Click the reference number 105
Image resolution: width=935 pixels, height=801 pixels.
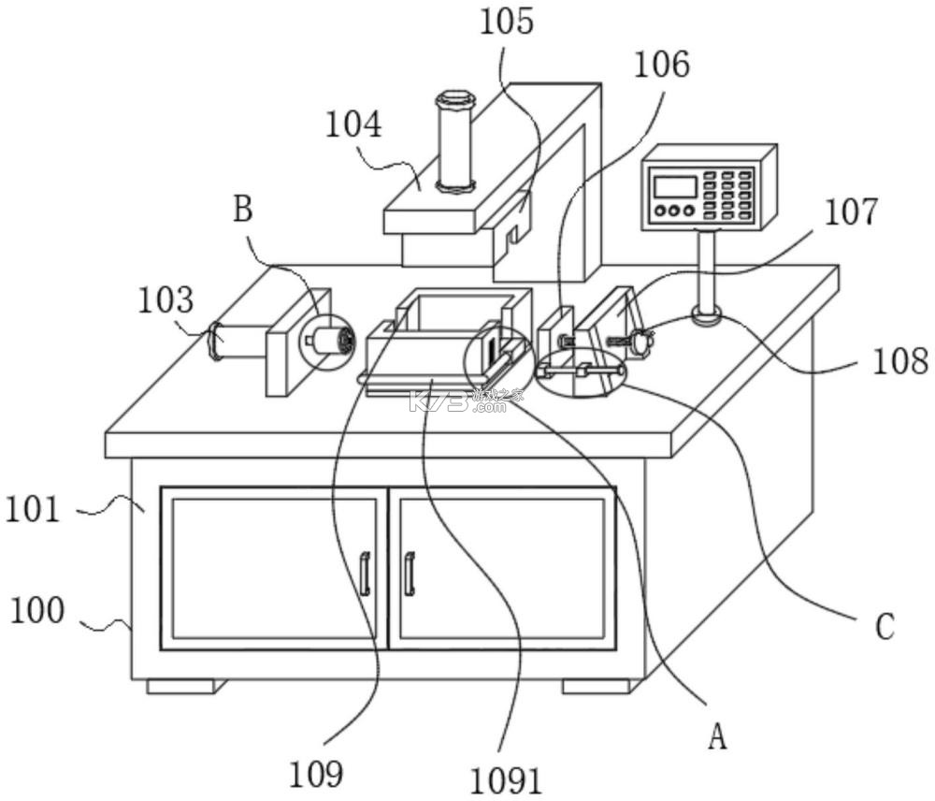click(x=507, y=23)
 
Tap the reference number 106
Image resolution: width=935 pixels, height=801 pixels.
click(x=661, y=65)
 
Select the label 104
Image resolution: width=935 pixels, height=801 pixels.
click(x=353, y=125)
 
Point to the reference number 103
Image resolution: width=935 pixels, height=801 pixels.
click(x=165, y=299)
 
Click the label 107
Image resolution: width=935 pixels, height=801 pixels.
click(x=851, y=211)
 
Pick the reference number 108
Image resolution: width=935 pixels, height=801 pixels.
click(x=900, y=361)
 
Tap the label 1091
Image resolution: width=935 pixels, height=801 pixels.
click(x=506, y=780)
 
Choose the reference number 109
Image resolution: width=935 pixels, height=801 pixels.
click(x=316, y=774)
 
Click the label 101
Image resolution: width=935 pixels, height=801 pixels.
click(x=33, y=510)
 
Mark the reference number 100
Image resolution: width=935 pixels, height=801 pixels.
click(x=37, y=611)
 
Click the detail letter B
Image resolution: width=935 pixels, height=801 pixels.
click(x=243, y=210)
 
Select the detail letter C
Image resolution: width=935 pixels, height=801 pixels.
click(x=885, y=627)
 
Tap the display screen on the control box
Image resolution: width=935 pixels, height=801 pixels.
click(x=675, y=187)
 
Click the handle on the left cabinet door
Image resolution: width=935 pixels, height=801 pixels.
click(x=365, y=575)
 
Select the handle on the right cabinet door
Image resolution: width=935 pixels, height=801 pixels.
click(x=410, y=575)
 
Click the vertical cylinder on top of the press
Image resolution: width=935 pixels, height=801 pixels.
click(x=455, y=142)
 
